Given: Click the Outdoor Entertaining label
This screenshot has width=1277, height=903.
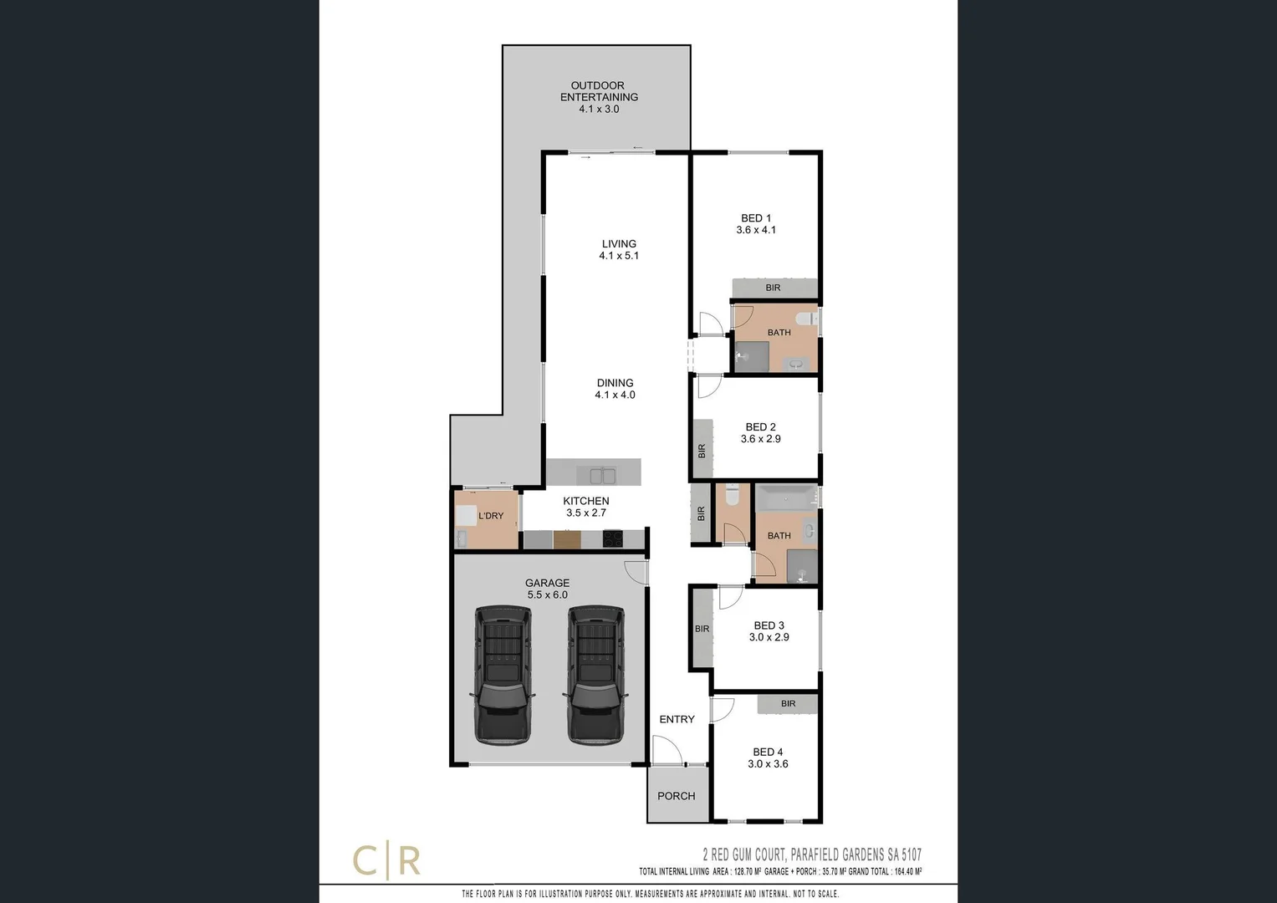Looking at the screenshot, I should (x=599, y=91).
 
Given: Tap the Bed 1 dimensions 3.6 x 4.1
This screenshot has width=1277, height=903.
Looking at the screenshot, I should (x=756, y=230).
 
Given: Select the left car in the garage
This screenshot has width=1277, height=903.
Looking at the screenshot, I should (x=502, y=675).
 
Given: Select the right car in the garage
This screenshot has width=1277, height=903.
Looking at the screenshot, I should (x=595, y=675).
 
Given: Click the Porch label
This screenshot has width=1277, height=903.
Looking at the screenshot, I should (x=676, y=796).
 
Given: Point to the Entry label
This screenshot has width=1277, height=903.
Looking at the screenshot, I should (x=677, y=719).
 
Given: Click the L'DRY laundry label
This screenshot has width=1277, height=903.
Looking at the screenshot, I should (x=491, y=516).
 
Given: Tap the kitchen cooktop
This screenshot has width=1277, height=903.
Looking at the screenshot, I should (x=613, y=539).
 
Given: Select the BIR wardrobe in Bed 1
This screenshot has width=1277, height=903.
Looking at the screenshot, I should (x=774, y=288).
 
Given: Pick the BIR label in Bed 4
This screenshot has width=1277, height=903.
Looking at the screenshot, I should (x=788, y=704).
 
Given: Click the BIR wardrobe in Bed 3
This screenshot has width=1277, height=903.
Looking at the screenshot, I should (x=702, y=629).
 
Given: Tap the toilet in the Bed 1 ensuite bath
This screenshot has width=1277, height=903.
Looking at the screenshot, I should (x=806, y=319).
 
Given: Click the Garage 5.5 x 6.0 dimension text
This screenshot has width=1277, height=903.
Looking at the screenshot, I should (x=547, y=595).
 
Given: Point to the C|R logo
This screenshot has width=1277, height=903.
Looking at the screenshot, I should (x=386, y=861).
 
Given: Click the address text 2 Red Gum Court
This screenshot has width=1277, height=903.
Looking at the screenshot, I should (x=811, y=855).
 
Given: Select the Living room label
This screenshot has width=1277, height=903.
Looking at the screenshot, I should (x=619, y=244).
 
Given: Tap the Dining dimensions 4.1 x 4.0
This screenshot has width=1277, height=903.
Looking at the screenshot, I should (x=615, y=395).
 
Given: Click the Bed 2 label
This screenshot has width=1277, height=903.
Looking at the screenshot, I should (x=760, y=427).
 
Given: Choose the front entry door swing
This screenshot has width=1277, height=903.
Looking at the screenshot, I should (x=667, y=749).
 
